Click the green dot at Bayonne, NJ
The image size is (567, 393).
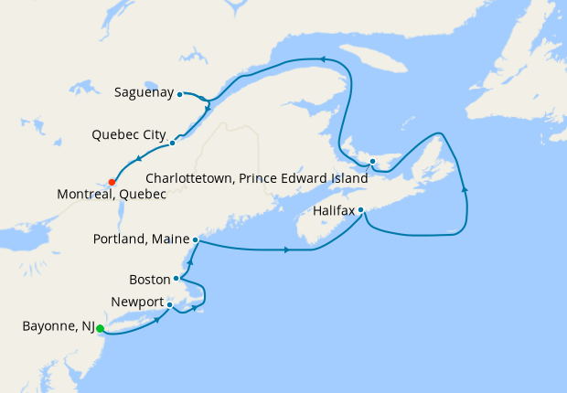coord(100,329)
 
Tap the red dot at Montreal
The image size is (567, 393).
coord(112,181)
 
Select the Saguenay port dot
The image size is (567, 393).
coord(180,93)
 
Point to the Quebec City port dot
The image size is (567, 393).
coord(172,143)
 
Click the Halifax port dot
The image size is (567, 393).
coord(361,210)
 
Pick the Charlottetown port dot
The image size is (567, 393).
coord(373,163)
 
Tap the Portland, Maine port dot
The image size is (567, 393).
coord(196,239)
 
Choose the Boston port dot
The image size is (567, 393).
coord(176,279)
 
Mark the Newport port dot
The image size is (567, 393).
coord(169,304)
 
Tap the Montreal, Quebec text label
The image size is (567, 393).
coord(111,195)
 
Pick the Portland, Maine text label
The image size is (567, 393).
coord(141,239)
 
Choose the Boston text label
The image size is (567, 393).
coord(151,279)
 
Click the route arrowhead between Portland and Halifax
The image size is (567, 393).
coord(288,250)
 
